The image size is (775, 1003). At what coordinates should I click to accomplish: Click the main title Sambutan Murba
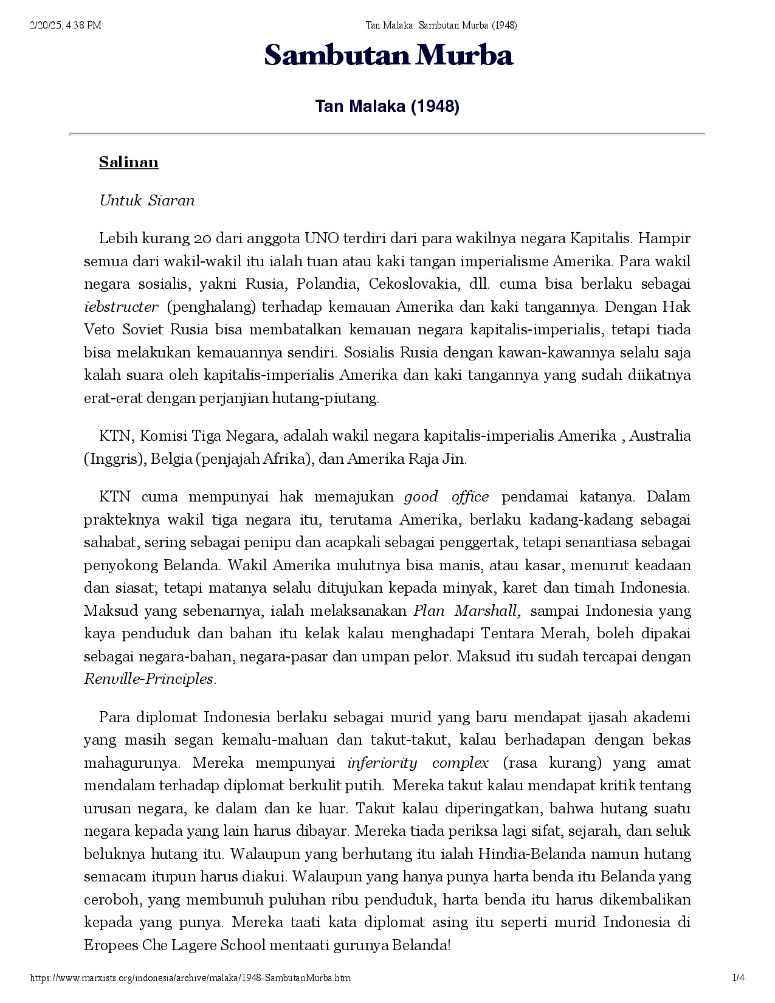[x=388, y=56]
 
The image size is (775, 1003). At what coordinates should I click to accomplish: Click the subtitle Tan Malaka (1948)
[x=387, y=106]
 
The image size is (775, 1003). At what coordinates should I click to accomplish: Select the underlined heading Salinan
[x=129, y=162]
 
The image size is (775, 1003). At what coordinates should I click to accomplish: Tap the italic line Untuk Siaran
[x=147, y=201]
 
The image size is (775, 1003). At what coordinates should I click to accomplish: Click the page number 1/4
[x=739, y=977]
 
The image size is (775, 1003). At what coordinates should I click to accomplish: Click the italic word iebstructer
[x=121, y=307]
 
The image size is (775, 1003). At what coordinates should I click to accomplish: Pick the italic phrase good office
[x=446, y=497]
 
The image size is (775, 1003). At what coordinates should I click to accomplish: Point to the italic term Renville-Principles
[x=149, y=679]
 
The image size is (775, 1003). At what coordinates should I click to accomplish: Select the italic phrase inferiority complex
[x=418, y=763]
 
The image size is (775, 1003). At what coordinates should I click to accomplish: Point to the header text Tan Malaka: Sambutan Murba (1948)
[x=441, y=25]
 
